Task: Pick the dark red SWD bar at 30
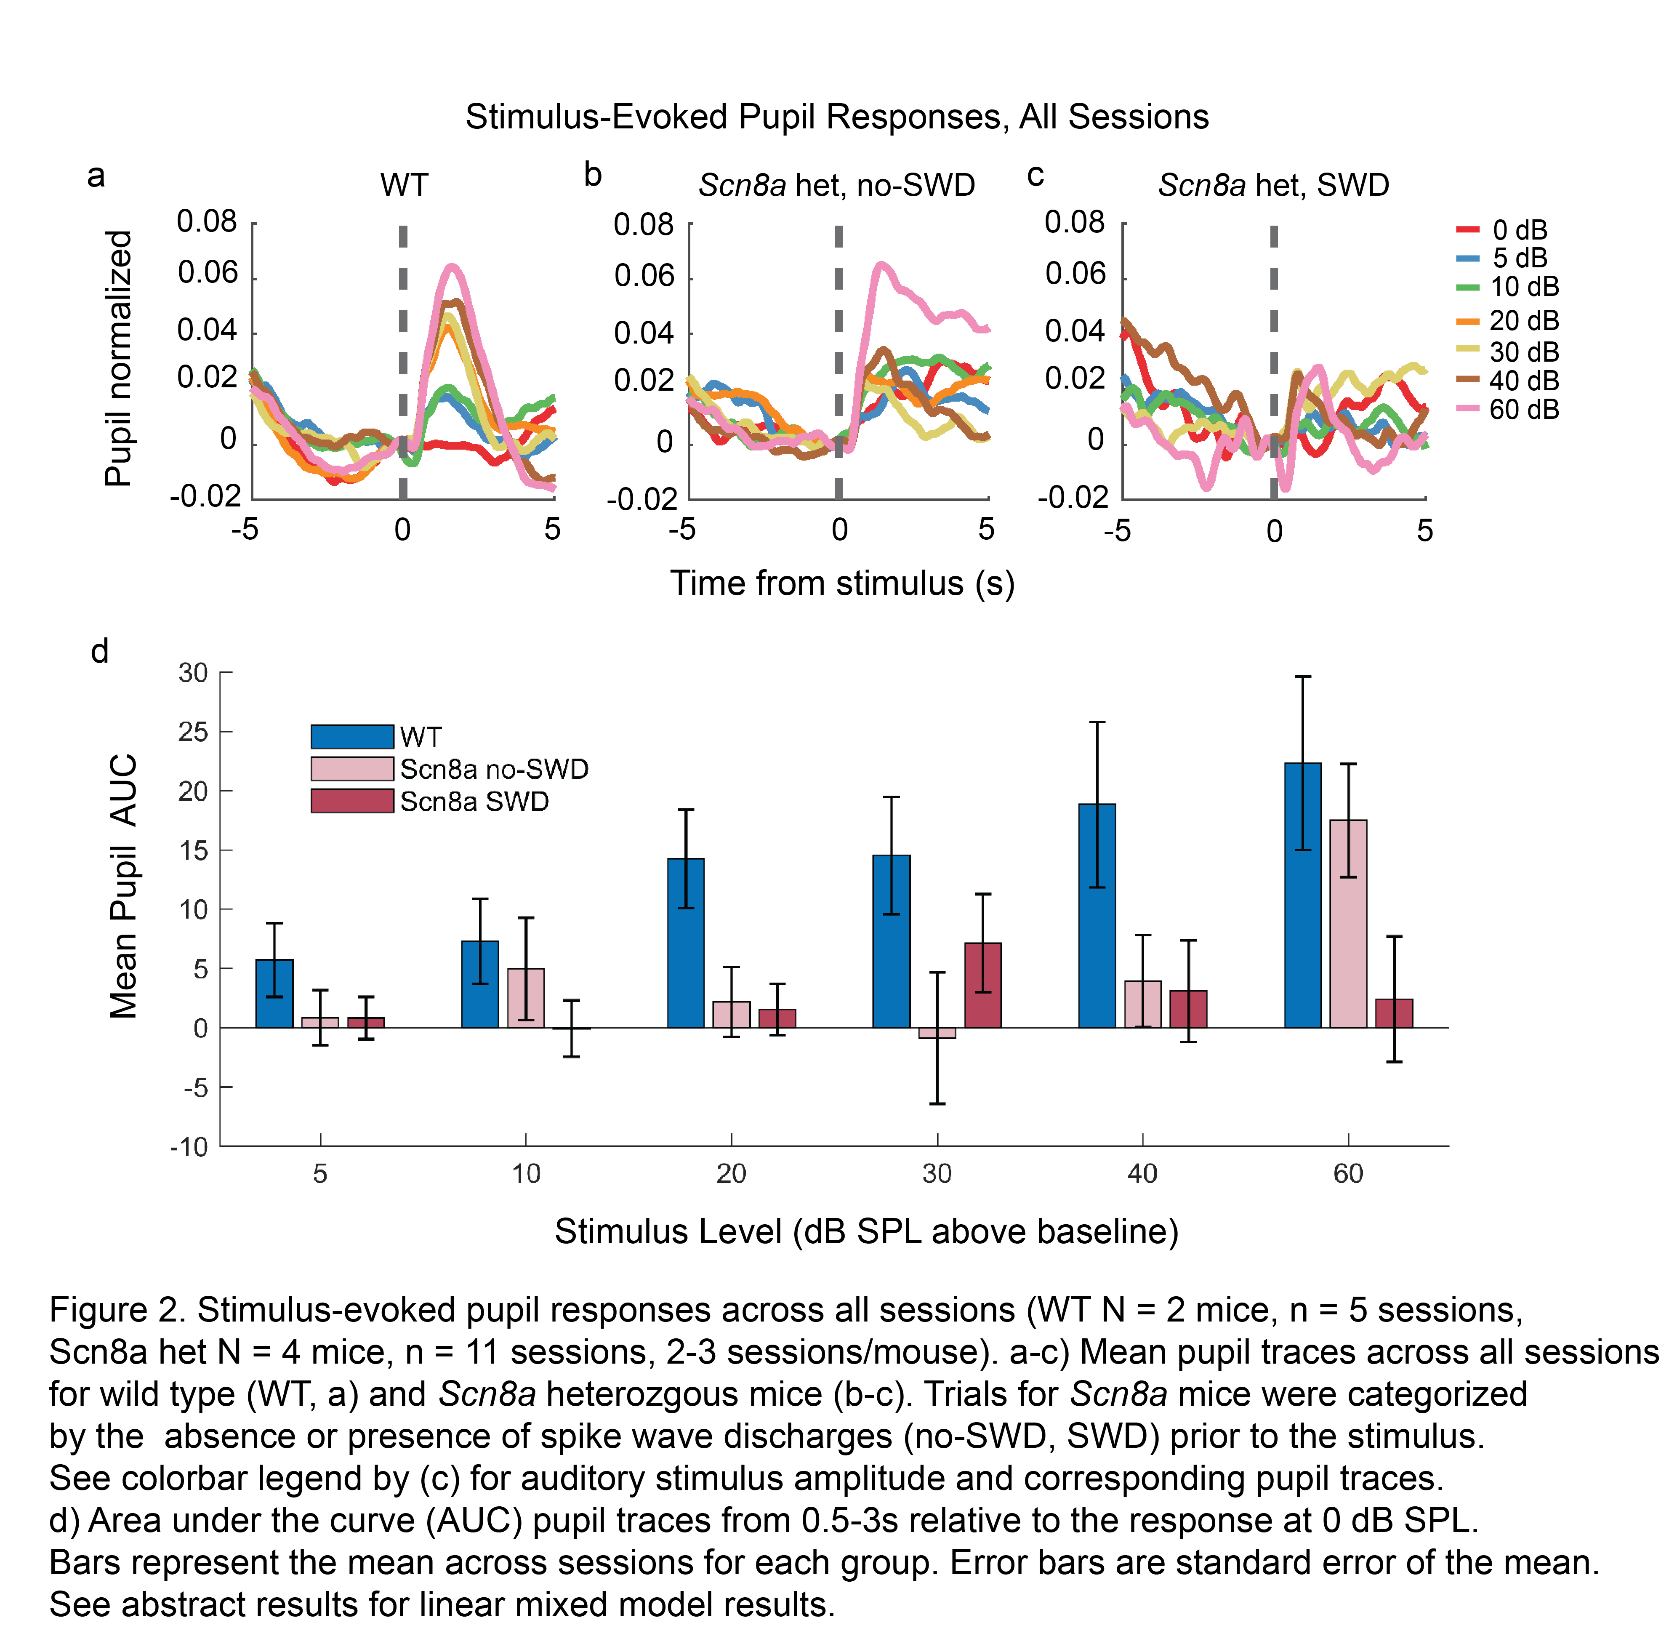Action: click(x=982, y=985)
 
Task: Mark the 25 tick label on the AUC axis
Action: click(x=193, y=732)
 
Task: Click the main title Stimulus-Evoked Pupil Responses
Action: click(x=836, y=116)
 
